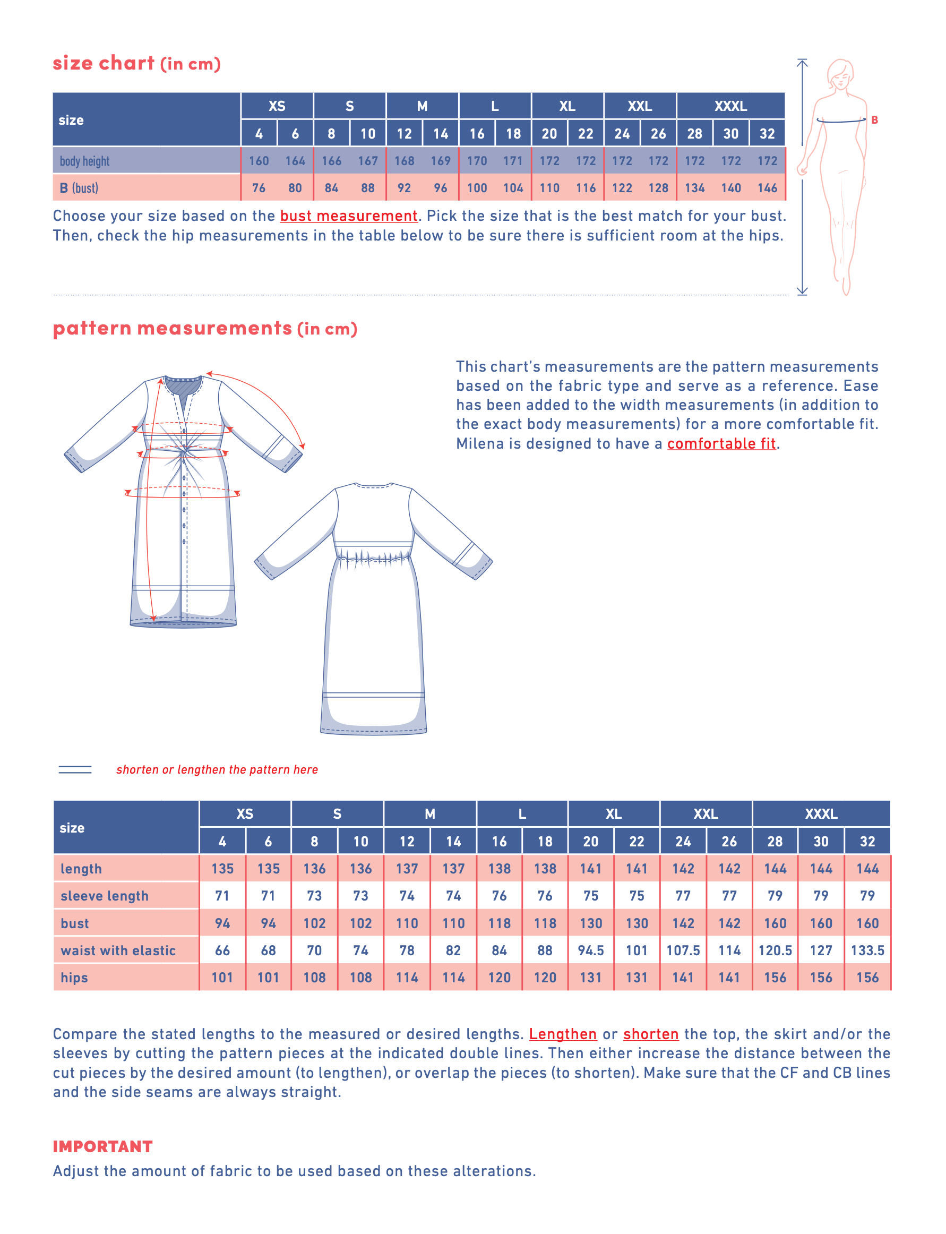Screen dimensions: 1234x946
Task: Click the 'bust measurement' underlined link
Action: tap(349, 216)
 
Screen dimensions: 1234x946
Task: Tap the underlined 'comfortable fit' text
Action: tap(721, 443)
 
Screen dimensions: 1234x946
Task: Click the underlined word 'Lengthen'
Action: tap(563, 1033)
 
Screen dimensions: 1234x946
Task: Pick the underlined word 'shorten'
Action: tap(650, 1033)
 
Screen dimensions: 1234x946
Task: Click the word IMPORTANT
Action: tap(102, 1146)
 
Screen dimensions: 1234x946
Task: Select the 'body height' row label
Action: tap(84, 161)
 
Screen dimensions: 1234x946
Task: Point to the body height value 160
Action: tap(259, 161)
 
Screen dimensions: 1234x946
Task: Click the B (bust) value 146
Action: tap(767, 188)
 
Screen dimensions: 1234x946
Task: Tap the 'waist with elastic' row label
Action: tap(118, 950)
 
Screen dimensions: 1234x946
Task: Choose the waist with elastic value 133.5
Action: tap(867, 950)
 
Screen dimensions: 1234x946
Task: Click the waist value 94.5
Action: tap(591, 950)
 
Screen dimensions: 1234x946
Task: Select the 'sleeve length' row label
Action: tap(105, 896)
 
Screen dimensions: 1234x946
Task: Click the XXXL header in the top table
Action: tap(730, 106)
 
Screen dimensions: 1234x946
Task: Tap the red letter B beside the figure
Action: tap(874, 120)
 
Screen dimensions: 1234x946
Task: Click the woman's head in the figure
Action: tap(840, 74)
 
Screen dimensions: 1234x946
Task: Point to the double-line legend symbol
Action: tap(75, 769)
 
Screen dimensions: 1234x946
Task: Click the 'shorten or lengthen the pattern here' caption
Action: tap(217, 769)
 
